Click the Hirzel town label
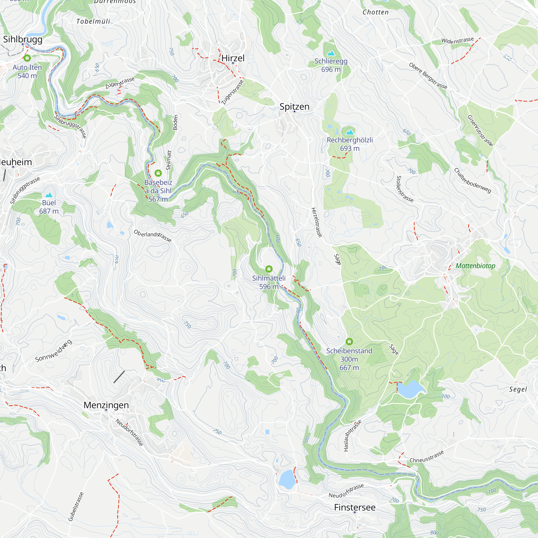point(233,58)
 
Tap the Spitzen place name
point(294,107)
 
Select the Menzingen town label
point(106,405)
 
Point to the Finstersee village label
point(355,507)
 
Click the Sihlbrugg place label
point(23,39)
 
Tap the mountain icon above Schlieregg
point(331,53)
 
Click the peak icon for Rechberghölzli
point(350,132)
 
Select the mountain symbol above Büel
point(49,195)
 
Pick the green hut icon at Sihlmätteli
point(269,269)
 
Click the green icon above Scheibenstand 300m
point(349,341)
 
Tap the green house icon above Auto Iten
point(27,58)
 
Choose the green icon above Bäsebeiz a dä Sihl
point(158,173)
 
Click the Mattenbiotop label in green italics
point(475,266)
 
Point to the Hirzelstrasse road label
point(317,222)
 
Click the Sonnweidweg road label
point(54,351)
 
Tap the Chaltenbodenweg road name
point(472,180)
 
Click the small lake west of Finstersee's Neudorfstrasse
point(287,479)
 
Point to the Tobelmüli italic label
point(93,22)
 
